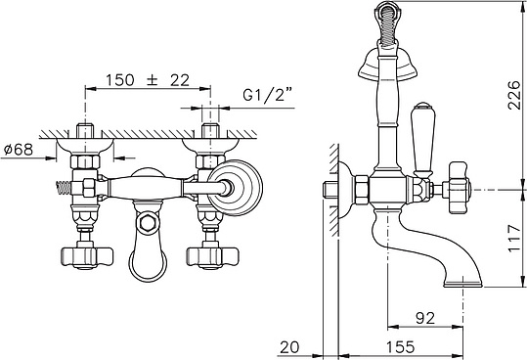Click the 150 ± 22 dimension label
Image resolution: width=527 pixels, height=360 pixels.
click(x=148, y=80)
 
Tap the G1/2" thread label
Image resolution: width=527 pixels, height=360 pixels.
click(x=268, y=96)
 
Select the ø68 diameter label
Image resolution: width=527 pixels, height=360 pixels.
click(x=19, y=150)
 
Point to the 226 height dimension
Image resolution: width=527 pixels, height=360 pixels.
click(x=514, y=95)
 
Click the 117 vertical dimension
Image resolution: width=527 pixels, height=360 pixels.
click(x=514, y=238)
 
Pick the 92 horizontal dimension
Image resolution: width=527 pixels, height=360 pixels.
click(x=425, y=318)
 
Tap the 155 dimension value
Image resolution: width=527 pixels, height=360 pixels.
click(x=400, y=346)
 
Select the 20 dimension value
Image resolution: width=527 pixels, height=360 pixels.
click(x=289, y=347)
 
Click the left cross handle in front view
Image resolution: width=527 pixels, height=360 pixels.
click(x=87, y=257)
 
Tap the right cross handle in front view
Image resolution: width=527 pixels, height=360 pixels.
click(x=212, y=257)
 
